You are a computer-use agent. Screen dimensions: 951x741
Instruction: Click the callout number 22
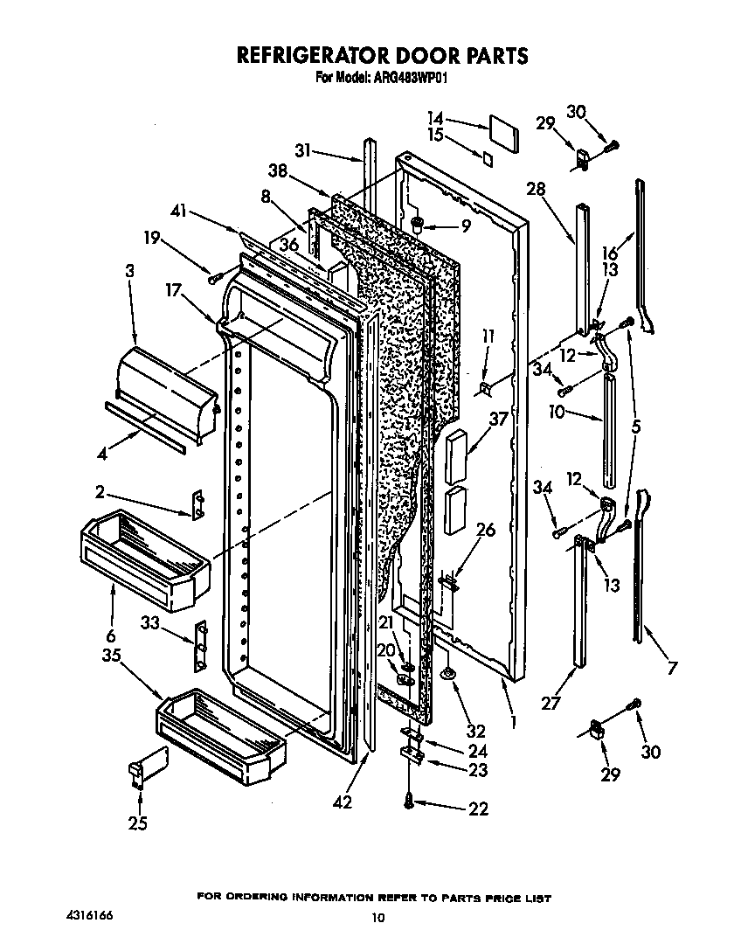[478, 809]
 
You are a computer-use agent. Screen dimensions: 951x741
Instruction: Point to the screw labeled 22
[410, 800]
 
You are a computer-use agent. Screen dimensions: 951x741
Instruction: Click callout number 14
[435, 117]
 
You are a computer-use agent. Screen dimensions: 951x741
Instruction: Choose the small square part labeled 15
[486, 157]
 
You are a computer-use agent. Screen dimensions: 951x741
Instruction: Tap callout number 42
[342, 802]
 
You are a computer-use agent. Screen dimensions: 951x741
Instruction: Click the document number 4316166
[87, 915]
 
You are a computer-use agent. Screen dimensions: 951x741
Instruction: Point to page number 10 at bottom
[377, 918]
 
